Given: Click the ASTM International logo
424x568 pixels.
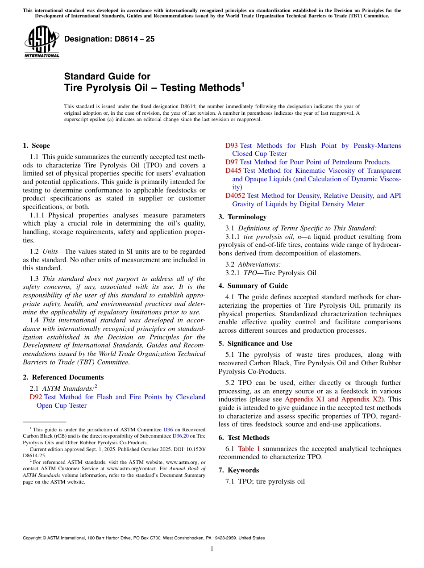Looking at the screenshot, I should (x=42, y=42).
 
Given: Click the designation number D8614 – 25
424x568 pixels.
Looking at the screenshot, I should (x=109, y=39).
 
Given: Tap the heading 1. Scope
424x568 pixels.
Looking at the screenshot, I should (x=36, y=146).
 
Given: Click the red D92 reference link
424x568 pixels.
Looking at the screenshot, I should (x=36, y=397).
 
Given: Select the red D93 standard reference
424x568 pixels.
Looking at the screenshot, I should (x=231, y=146).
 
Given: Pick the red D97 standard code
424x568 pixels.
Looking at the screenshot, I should (x=231, y=162).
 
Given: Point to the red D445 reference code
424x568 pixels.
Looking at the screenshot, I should (x=233, y=171).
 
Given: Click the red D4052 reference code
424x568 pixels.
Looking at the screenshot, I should (x=235, y=196).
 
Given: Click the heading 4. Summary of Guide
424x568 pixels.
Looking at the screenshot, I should (x=253, y=286).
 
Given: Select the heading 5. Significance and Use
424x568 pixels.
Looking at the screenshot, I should (x=255, y=343).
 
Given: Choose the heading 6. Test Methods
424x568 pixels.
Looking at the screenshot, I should (x=244, y=438).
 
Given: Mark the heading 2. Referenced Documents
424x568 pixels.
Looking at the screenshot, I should (x=63, y=377).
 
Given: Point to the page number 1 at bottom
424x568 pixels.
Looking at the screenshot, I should (x=212, y=548).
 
